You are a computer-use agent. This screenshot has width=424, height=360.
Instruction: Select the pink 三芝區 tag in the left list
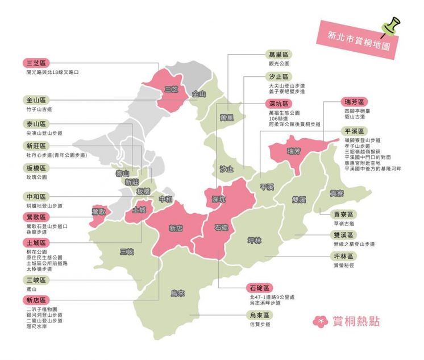click(35, 63)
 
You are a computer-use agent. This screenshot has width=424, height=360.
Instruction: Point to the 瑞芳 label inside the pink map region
click(294, 151)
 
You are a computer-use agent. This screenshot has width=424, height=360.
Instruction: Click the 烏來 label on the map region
click(178, 293)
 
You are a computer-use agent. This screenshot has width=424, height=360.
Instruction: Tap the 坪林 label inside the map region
click(255, 241)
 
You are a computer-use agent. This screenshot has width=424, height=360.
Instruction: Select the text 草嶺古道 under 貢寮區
click(344, 224)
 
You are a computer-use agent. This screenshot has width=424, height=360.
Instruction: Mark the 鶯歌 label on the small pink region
click(98, 212)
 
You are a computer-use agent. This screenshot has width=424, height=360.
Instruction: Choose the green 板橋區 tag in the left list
click(35, 168)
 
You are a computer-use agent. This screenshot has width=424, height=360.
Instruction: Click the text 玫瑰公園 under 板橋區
click(36, 177)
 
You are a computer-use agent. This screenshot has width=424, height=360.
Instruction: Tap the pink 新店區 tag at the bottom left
click(35, 300)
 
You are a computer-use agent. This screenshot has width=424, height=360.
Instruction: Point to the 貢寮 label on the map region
click(338, 193)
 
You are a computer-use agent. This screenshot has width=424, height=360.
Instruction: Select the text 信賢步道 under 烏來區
click(260, 324)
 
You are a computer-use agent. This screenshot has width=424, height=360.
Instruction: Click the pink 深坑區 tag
click(278, 104)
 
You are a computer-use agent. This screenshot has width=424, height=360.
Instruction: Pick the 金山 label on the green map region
click(199, 94)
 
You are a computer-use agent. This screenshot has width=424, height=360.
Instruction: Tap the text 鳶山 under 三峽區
click(31, 289)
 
